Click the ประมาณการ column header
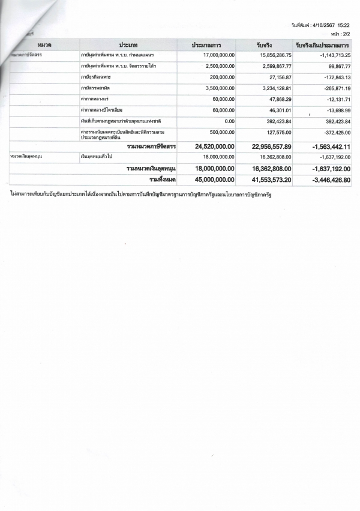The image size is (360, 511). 206,46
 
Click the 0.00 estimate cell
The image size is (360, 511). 227,122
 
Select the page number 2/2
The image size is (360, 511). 346,34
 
